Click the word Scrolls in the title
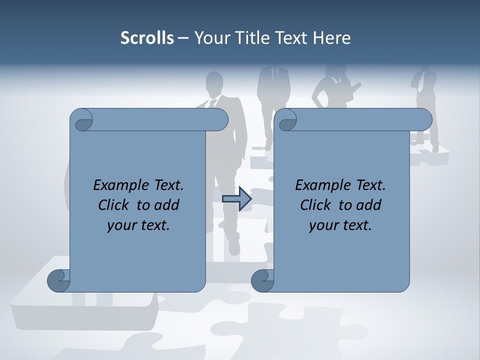click(147, 38)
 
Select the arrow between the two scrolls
click(237, 199)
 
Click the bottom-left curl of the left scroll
click(58, 280)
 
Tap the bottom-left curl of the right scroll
click(262, 280)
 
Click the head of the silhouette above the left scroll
click(214, 81)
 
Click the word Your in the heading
click(209, 38)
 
